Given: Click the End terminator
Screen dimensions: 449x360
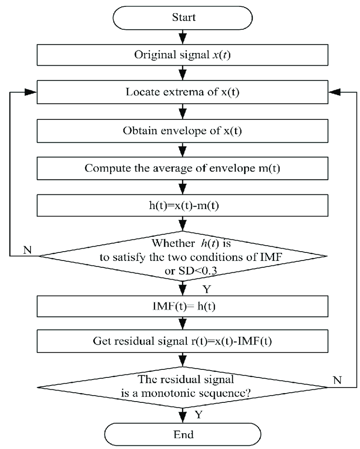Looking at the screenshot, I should [183, 434].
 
